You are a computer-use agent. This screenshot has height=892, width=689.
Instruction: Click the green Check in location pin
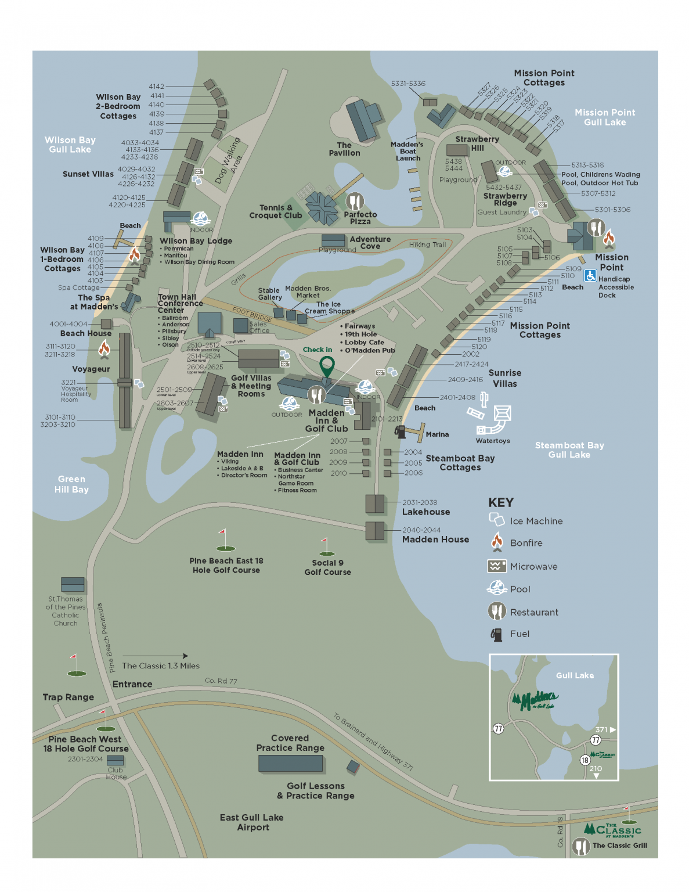[x=327, y=366]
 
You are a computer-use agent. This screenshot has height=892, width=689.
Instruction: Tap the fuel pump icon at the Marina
[x=399, y=431]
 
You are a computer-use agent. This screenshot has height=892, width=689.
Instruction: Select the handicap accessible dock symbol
[x=590, y=276]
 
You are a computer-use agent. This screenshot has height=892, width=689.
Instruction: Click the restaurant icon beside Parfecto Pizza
[x=355, y=202]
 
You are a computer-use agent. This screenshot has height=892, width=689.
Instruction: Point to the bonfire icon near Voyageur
[x=104, y=348]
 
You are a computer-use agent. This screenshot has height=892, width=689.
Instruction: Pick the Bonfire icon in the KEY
[x=497, y=542]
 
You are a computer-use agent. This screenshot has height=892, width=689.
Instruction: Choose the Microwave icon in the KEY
[x=496, y=566]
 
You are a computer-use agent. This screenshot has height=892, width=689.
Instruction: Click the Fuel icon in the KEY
[x=496, y=634]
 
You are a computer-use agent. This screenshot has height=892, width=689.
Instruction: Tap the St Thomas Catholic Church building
[x=73, y=584]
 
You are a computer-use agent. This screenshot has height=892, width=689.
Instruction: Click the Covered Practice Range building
[x=290, y=763]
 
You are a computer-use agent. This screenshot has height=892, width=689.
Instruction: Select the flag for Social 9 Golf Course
[x=326, y=546]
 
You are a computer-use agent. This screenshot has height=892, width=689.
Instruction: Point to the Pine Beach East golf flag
[x=225, y=540]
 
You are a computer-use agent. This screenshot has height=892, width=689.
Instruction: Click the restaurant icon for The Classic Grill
[x=580, y=846]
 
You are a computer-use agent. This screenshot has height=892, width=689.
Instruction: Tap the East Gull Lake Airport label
[x=252, y=822]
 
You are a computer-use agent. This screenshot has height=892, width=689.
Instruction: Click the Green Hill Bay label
[x=71, y=484]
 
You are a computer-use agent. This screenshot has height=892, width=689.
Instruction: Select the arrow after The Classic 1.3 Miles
[x=156, y=656]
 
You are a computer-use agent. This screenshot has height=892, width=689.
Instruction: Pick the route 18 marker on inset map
[x=585, y=760]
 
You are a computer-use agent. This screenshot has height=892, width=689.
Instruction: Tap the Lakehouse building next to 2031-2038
[x=375, y=503]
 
